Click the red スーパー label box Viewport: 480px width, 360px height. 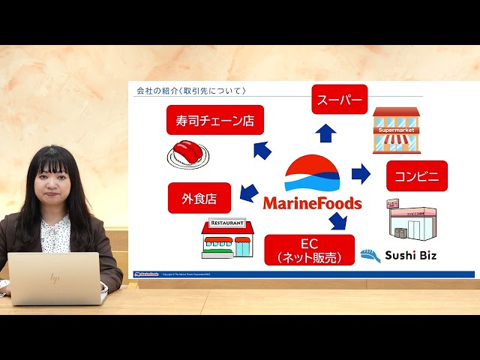point(340,99)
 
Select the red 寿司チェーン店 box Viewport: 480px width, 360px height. point(214,120)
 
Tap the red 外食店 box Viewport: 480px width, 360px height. point(199,198)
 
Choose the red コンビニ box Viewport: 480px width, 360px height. point(416,176)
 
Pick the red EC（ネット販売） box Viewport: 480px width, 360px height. point(309,250)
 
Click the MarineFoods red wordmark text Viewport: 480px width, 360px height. point(312,203)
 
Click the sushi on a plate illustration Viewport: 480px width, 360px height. point(187,153)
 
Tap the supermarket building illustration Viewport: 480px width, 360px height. point(396,130)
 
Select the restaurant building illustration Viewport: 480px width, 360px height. point(227,238)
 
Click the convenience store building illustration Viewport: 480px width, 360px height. point(409,220)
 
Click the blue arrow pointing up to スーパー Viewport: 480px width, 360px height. point(325,133)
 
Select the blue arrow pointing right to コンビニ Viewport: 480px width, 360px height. point(361,174)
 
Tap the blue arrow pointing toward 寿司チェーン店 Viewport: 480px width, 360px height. point(262,151)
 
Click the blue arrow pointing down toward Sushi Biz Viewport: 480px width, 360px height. point(338,220)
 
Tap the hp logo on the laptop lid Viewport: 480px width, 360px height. point(54,278)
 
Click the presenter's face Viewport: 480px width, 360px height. point(55,184)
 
